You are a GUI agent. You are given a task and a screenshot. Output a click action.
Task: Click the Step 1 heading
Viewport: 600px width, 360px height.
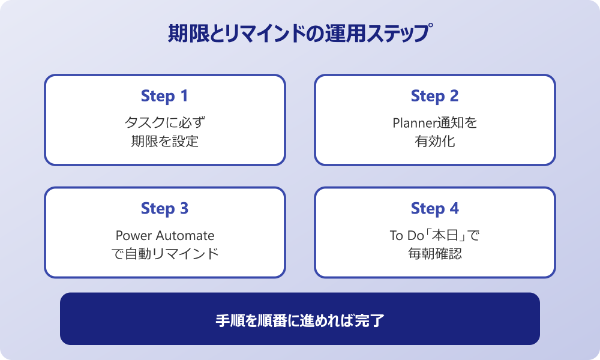click(x=164, y=96)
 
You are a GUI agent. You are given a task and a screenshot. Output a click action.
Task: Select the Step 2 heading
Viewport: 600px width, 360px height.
click(x=434, y=96)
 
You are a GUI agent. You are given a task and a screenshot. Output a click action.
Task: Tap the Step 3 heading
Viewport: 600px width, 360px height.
click(x=164, y=209)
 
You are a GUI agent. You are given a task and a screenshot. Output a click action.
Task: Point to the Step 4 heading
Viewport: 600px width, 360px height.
click(x=434, y=209)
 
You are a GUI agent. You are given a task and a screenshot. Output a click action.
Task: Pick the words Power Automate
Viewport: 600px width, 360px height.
click(x=164, y=235)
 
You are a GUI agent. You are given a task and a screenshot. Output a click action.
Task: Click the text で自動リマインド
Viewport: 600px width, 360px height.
click(x=164, y=254)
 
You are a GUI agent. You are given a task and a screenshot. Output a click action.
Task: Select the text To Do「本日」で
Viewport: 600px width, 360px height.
click(x=434, y=235)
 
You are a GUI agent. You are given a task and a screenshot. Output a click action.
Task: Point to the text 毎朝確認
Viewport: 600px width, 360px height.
click(x=434, y=254)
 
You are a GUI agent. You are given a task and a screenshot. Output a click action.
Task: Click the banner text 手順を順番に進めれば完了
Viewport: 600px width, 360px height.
click(x=300, y=320)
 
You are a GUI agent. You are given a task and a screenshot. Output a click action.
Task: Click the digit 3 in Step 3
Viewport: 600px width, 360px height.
click(x=184, y=209)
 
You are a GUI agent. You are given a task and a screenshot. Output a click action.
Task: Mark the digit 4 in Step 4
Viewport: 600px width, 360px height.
click(x=454, y=209)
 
